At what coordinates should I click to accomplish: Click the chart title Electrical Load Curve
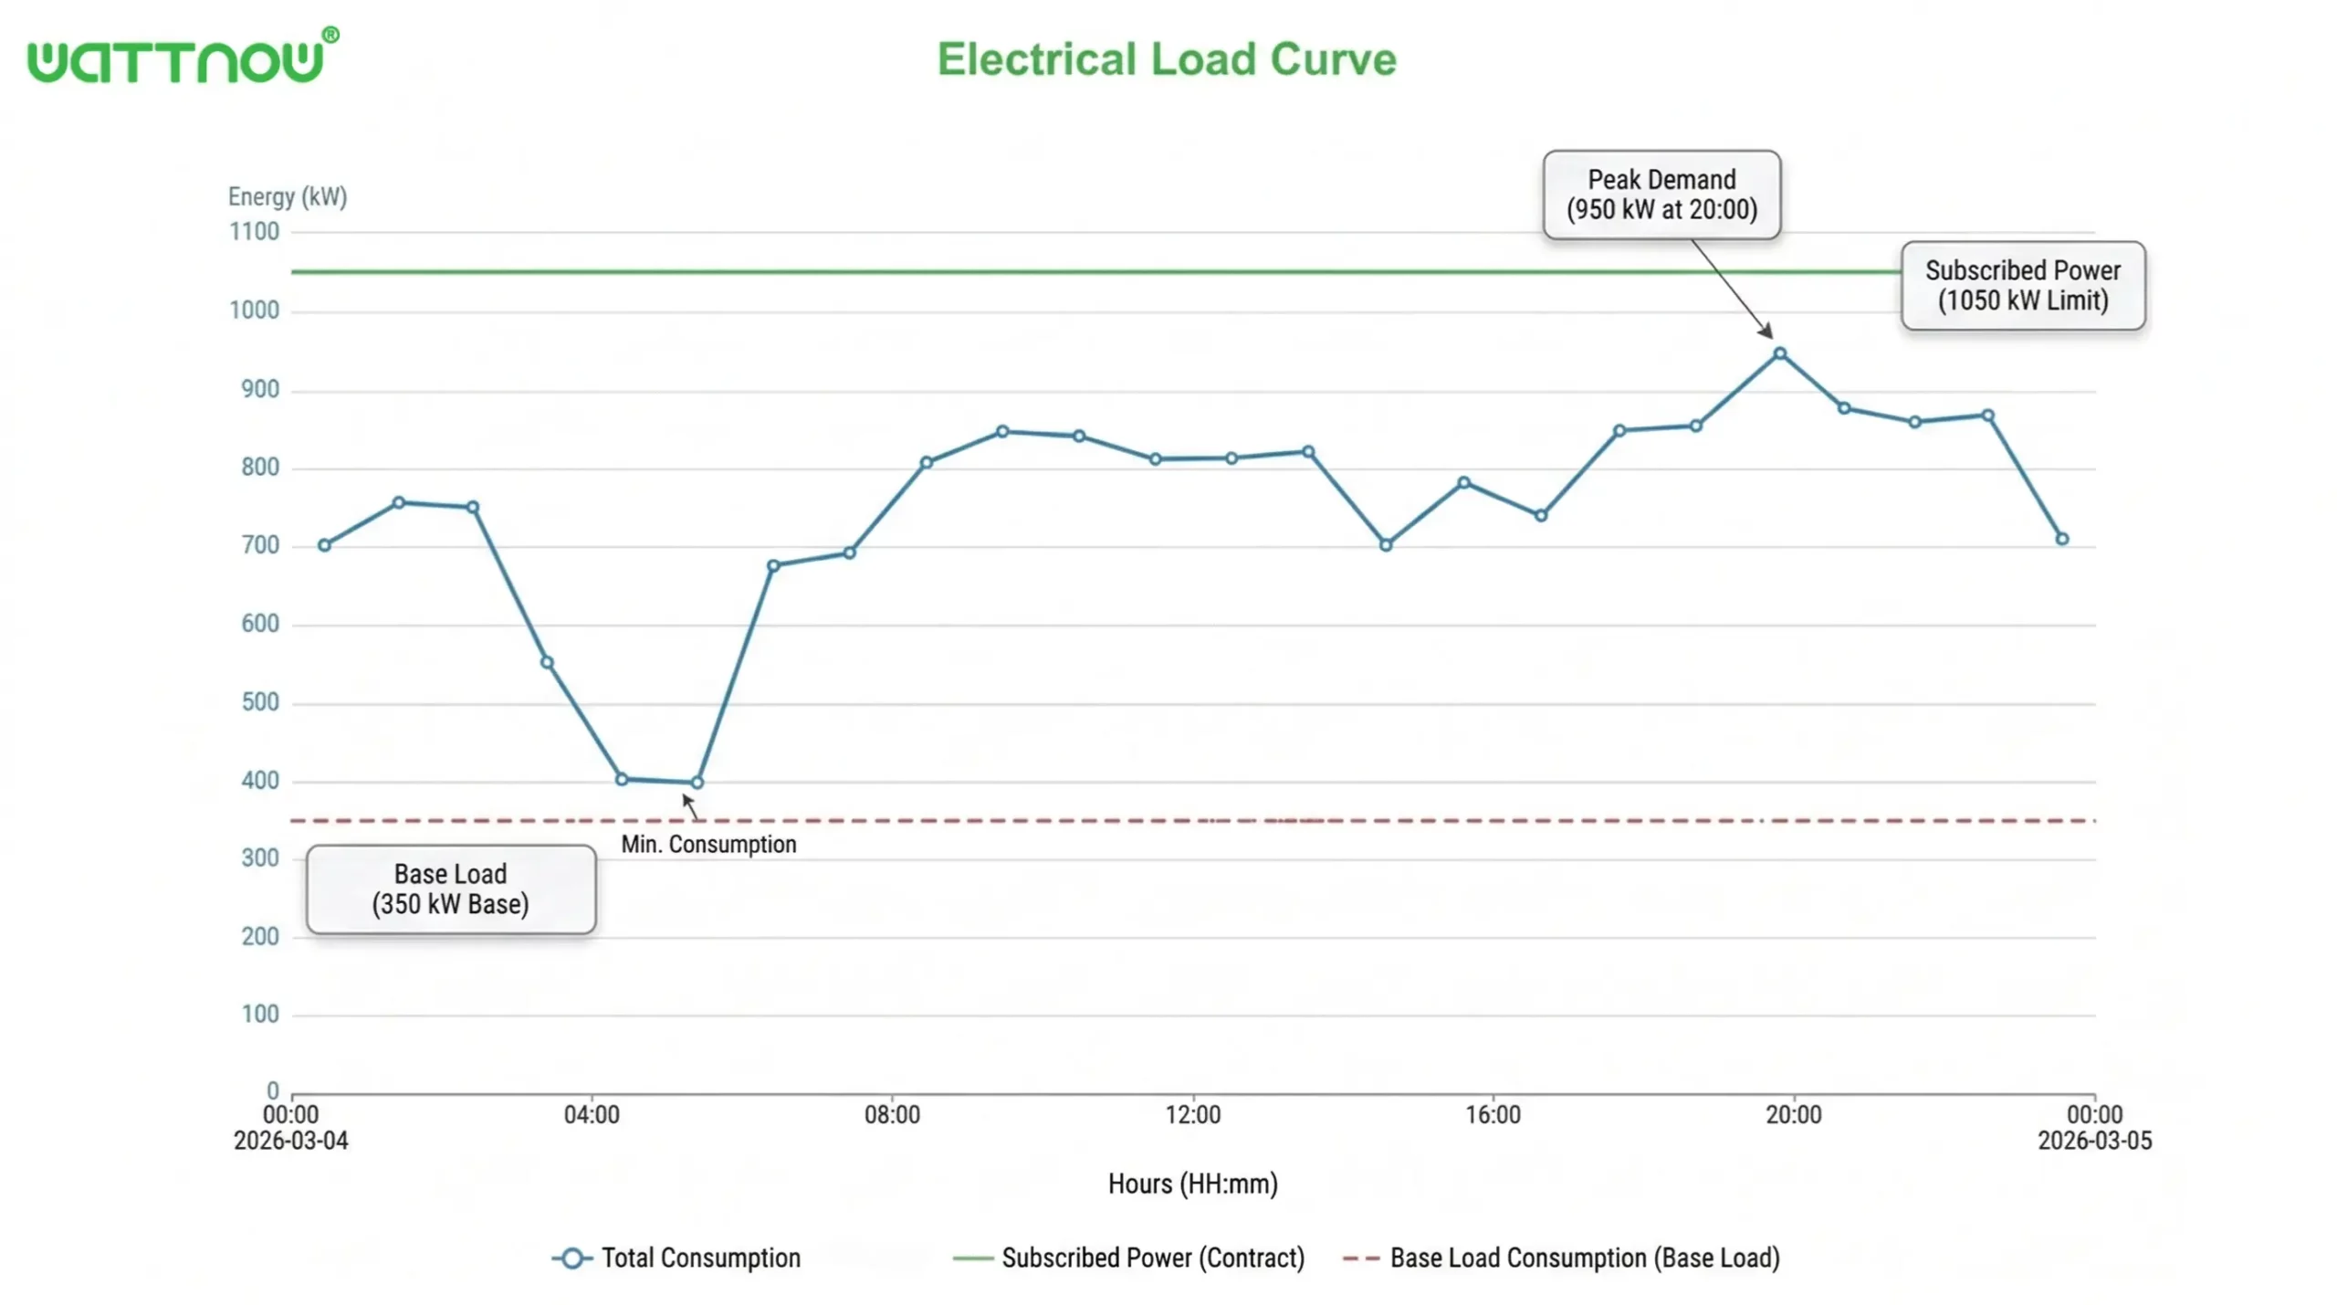tap(1166, 59)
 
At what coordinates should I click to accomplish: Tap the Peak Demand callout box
tap(1661, 195)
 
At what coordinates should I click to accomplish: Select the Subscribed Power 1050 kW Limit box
tap(2022, 285)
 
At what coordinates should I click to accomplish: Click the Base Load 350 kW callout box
tap(450, 888)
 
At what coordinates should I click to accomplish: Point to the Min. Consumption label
tap(708, 844)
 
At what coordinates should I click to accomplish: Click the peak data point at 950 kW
tap(1779, 353)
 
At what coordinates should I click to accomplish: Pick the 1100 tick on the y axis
tap(254, 232)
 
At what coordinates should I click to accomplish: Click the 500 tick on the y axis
tap(259, 702)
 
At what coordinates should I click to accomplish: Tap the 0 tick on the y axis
tap(272, 1090)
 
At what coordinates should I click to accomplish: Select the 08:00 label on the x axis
tap(892, 1114)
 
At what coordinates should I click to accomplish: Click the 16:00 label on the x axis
tap(1493, 1114)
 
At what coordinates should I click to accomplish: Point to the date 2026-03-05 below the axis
tap(2094, 1141)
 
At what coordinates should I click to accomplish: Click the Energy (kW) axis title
tap(287, 196)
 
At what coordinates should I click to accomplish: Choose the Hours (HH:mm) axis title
tap(1192, 1184)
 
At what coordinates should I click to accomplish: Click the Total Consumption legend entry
tap(676, 1258)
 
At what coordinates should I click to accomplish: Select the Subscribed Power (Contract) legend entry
tap(1128, 1258)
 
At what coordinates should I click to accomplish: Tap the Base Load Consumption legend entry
tap(1561, 1258)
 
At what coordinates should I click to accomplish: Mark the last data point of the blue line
tap(2061, 539)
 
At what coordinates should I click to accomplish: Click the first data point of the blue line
tap(324, 545)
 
